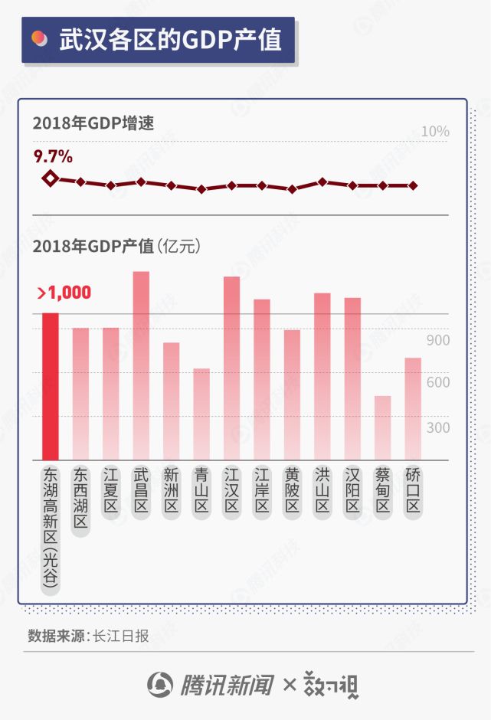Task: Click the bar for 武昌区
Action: point(141,366)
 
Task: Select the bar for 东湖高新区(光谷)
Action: point(50,387)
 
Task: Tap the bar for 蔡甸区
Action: point(383,428)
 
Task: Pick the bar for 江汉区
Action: point(231,368)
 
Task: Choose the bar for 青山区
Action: point(201,414)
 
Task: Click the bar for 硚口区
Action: point(413,409)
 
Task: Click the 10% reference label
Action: point(435,132)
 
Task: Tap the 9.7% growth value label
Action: point(53,157)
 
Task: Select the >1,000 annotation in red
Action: point(64,293)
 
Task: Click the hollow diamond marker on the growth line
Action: point(50,178)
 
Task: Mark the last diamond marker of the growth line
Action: point(413,185)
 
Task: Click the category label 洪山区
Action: point(322,490)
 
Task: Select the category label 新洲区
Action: point(171,490)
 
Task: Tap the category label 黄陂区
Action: point(292,490)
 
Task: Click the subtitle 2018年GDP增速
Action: point(93,123)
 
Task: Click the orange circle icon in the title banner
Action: point(38,39)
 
